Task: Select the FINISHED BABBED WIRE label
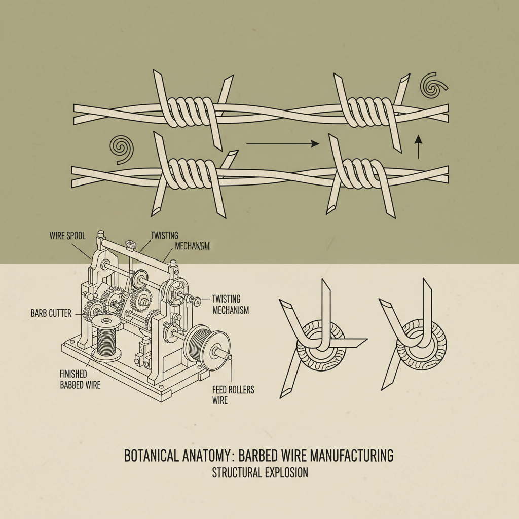pos(80,380)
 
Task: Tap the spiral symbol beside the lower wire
pos(122,148)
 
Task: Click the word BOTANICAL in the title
pos(151,455)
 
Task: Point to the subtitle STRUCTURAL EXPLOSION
pos(259,473)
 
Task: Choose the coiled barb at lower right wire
pos(358,175)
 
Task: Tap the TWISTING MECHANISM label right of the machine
pos(230,304)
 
